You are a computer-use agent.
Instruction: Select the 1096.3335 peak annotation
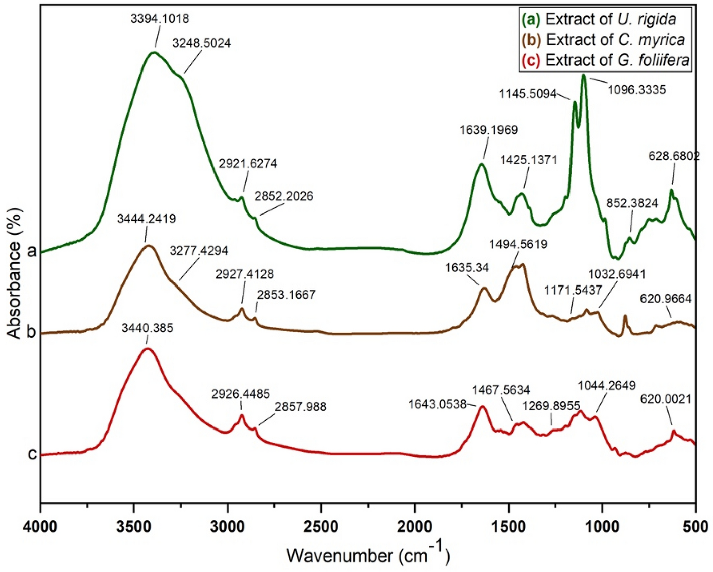coord(636,90)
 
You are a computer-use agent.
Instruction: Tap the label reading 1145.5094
coord(527,94)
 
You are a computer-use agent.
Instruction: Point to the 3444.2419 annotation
coord(147,219)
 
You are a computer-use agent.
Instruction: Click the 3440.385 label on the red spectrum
coord(148,328)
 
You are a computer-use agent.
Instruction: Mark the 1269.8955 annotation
coord(551,406)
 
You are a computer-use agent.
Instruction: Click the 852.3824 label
coord(632,203)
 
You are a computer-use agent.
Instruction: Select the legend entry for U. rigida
coord(599,19)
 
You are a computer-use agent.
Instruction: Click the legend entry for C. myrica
coord(603,39)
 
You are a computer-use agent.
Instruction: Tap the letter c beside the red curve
coord(32,454)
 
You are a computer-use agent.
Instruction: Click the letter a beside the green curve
coord(32,250)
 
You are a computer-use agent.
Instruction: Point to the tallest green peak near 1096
coord(584,76)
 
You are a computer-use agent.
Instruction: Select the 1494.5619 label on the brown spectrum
coord(518,244)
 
